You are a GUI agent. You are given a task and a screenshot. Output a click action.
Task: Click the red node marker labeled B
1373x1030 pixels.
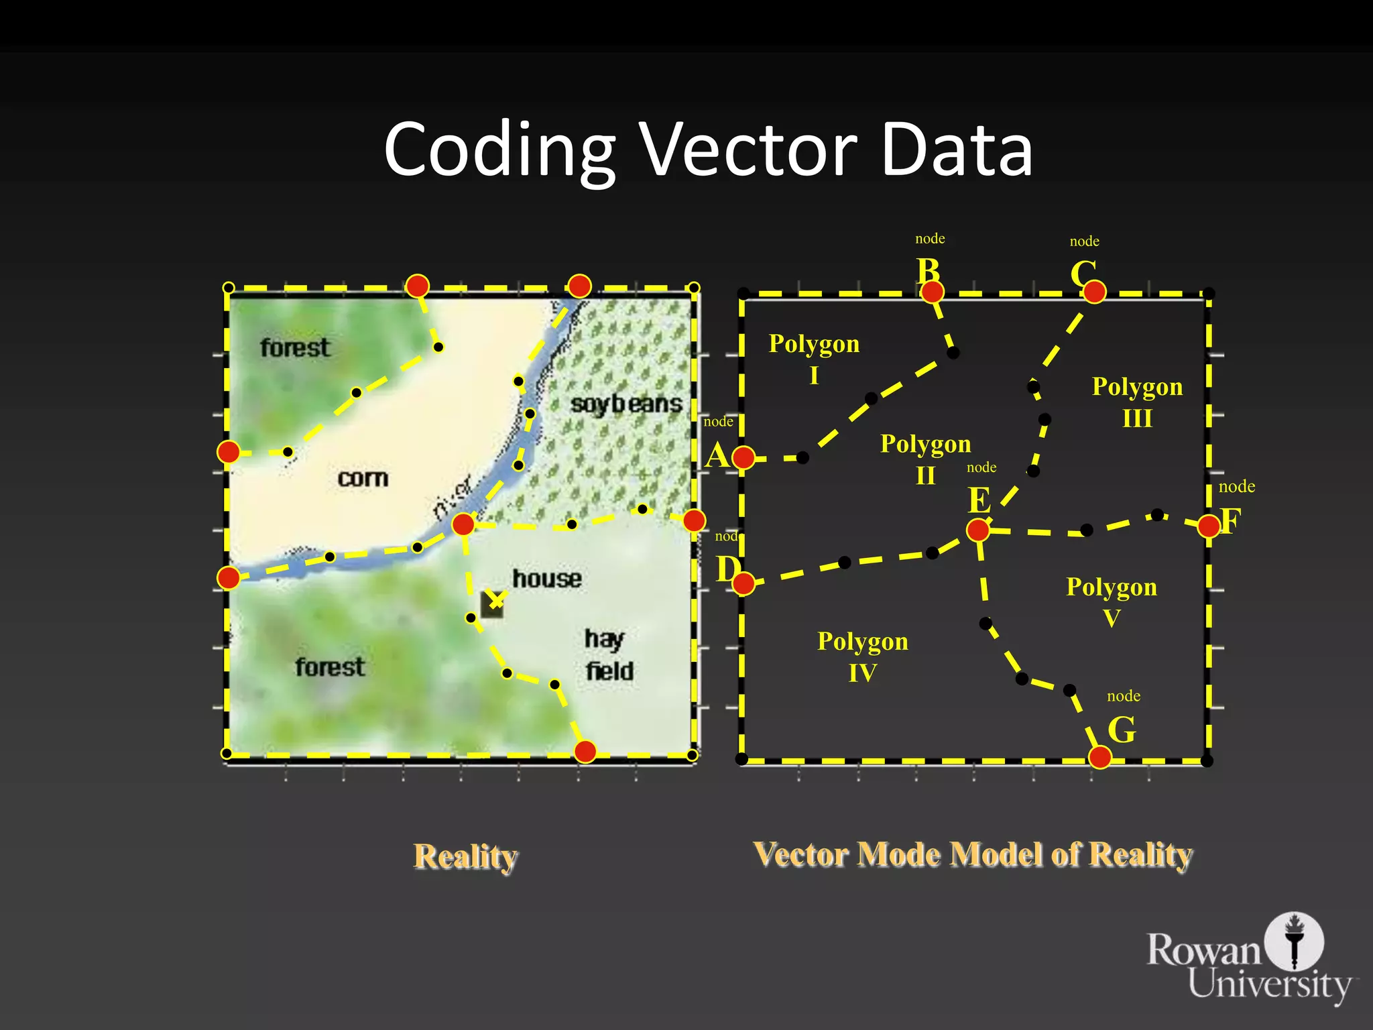pyautogui.click(x=932, y=292)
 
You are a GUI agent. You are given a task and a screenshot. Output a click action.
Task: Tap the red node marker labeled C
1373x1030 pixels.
pyautogui.click(x=1094, y=292)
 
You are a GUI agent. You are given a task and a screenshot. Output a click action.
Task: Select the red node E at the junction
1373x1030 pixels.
pyautogui.click(x=978, y=530)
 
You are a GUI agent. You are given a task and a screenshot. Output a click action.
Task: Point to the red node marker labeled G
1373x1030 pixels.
pyautogui.click(x=1099, y=757)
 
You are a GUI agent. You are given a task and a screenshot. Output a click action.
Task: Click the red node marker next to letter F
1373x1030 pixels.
pyautogui.click(x=1208, y=526)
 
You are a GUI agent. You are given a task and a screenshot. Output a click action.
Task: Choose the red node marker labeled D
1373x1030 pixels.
pyautogui.click(x=743, y=583)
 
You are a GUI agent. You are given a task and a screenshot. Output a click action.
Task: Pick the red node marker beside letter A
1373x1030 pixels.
pyautogui.click(x=743, y=457)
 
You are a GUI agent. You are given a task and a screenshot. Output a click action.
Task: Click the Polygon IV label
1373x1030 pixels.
pyautogui.click(x=862, y=656)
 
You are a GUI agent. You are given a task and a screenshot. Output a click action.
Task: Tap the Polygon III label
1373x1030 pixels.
pyautogui.click(x=1137, y=402)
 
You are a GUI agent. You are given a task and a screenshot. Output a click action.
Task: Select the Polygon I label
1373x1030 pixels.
pyautogui.click(x=814, y=359)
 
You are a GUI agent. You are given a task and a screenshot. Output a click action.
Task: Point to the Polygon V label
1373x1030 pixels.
pyautogui.click(x=1112, y=602)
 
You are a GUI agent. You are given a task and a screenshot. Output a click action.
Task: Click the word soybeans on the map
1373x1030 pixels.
pyautogui.click(x=626, y=404)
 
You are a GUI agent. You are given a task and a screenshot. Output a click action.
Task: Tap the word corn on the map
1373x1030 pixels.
pyautogui.click(x=363, y=478)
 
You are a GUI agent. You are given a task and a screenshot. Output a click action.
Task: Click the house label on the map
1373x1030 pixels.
pyautogui.click(x=547, y=578)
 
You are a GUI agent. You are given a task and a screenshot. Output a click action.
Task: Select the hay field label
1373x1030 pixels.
pyautogui.click(x=608, y=654)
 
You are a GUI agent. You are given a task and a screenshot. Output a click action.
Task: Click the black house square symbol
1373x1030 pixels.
pyautogui.click(x=491, y=606)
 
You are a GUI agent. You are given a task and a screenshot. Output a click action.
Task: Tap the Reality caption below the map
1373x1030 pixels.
pyautogui.click(x=465, y=856)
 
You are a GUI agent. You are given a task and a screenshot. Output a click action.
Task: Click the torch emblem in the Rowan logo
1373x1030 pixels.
pyautogui.click(x=1294, y=940)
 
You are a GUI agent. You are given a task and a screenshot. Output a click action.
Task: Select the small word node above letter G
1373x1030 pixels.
pyautogui.click(x=1124, y=696)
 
